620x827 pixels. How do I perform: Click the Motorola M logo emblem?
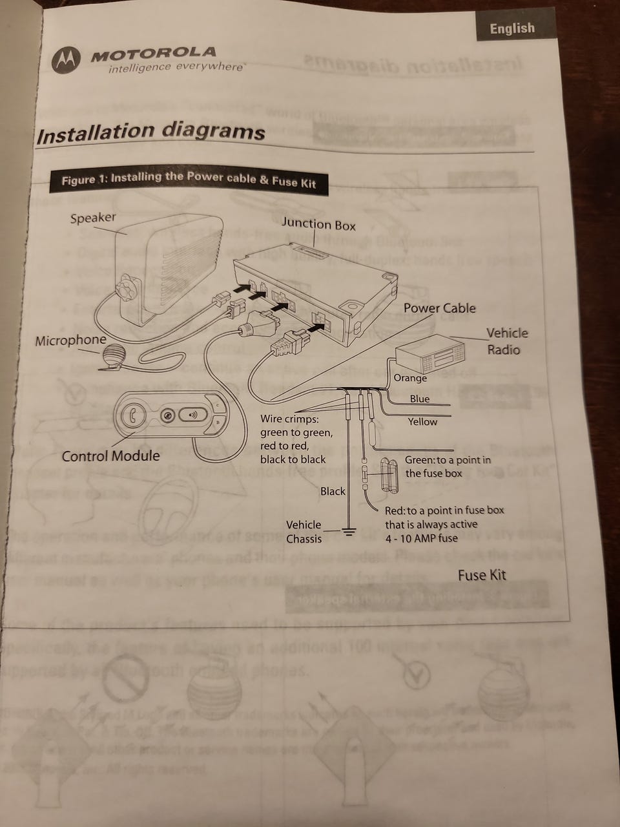tap(67, 61)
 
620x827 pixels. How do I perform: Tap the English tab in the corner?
tap(512, 28)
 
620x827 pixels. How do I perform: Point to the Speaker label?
tap(93, 218)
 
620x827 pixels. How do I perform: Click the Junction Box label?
tap(318, 224)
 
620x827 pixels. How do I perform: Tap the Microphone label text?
tap(70, 340)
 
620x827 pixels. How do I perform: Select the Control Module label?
tap(110, 455)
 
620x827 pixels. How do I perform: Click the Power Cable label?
tap(439, 308)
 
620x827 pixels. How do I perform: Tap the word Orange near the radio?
tap(410, 378)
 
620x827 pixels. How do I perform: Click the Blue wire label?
tap(420, 399)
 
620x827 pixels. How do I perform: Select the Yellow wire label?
tap(422, 422)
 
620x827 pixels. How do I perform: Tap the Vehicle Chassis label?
tap(304, 531)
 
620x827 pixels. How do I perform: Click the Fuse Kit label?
tap(482, 574)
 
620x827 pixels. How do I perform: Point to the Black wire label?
tap(333, 491)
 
